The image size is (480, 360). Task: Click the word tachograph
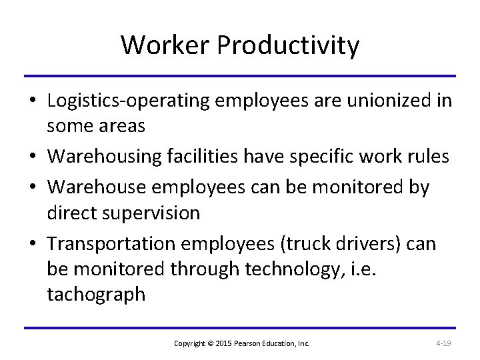96,295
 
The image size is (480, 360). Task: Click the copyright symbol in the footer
209,343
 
